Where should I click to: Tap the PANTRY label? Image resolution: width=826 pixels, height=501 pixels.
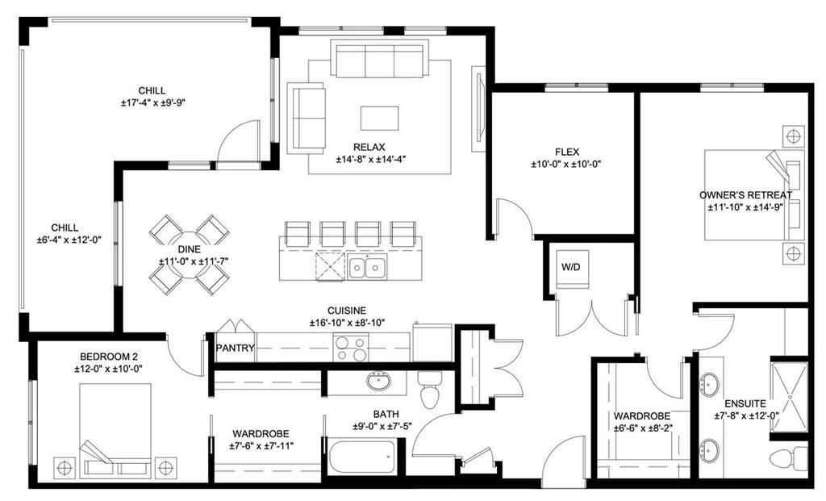tap(235, 349)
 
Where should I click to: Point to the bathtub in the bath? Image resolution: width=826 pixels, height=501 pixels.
tap(361, 457)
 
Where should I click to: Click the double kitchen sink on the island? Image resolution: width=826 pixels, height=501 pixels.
tap(367, 265)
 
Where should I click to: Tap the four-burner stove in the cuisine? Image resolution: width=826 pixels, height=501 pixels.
tap(351, 348)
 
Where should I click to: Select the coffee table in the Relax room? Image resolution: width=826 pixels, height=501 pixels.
tap(379, 119)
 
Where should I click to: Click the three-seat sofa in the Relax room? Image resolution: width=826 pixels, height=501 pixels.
tap(378, 60)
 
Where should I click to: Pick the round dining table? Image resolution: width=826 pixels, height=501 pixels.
tap(190, 254)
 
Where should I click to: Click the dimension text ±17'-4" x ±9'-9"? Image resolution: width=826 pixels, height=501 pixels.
tap(152, 102)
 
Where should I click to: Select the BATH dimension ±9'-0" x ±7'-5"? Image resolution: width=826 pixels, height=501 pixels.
tap(382, 427)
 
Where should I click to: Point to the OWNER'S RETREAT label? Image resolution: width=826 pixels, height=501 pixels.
tap(745, 195)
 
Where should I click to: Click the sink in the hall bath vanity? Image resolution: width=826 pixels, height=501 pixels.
tap(377, 381)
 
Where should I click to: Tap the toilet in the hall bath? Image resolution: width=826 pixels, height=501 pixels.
tap(431, 390)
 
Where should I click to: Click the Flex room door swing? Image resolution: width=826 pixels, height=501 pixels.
tap(514, 216)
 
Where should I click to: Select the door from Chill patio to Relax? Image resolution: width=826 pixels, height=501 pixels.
tap(239, 143)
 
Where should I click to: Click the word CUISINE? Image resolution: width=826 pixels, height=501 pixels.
tap(347, 310)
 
